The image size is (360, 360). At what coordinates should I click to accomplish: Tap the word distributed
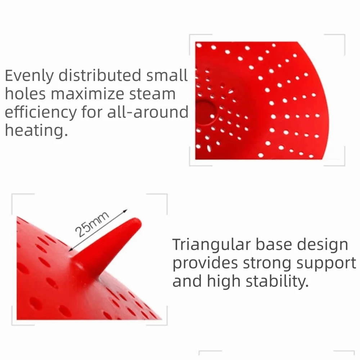pos(100,76)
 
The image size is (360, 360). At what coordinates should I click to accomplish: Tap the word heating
pos(36,130)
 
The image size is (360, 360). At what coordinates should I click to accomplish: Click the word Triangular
pos(211,245)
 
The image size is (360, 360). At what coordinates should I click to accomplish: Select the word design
pos(323,245)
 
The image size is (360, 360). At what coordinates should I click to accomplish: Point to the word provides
pos(204,264)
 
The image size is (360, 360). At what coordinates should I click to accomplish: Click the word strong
pos(268,264)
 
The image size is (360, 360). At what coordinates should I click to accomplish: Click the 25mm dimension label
pos(92,224)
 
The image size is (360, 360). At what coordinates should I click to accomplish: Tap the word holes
pos(25,94)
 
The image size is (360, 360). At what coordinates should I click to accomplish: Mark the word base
pos(273,245)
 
